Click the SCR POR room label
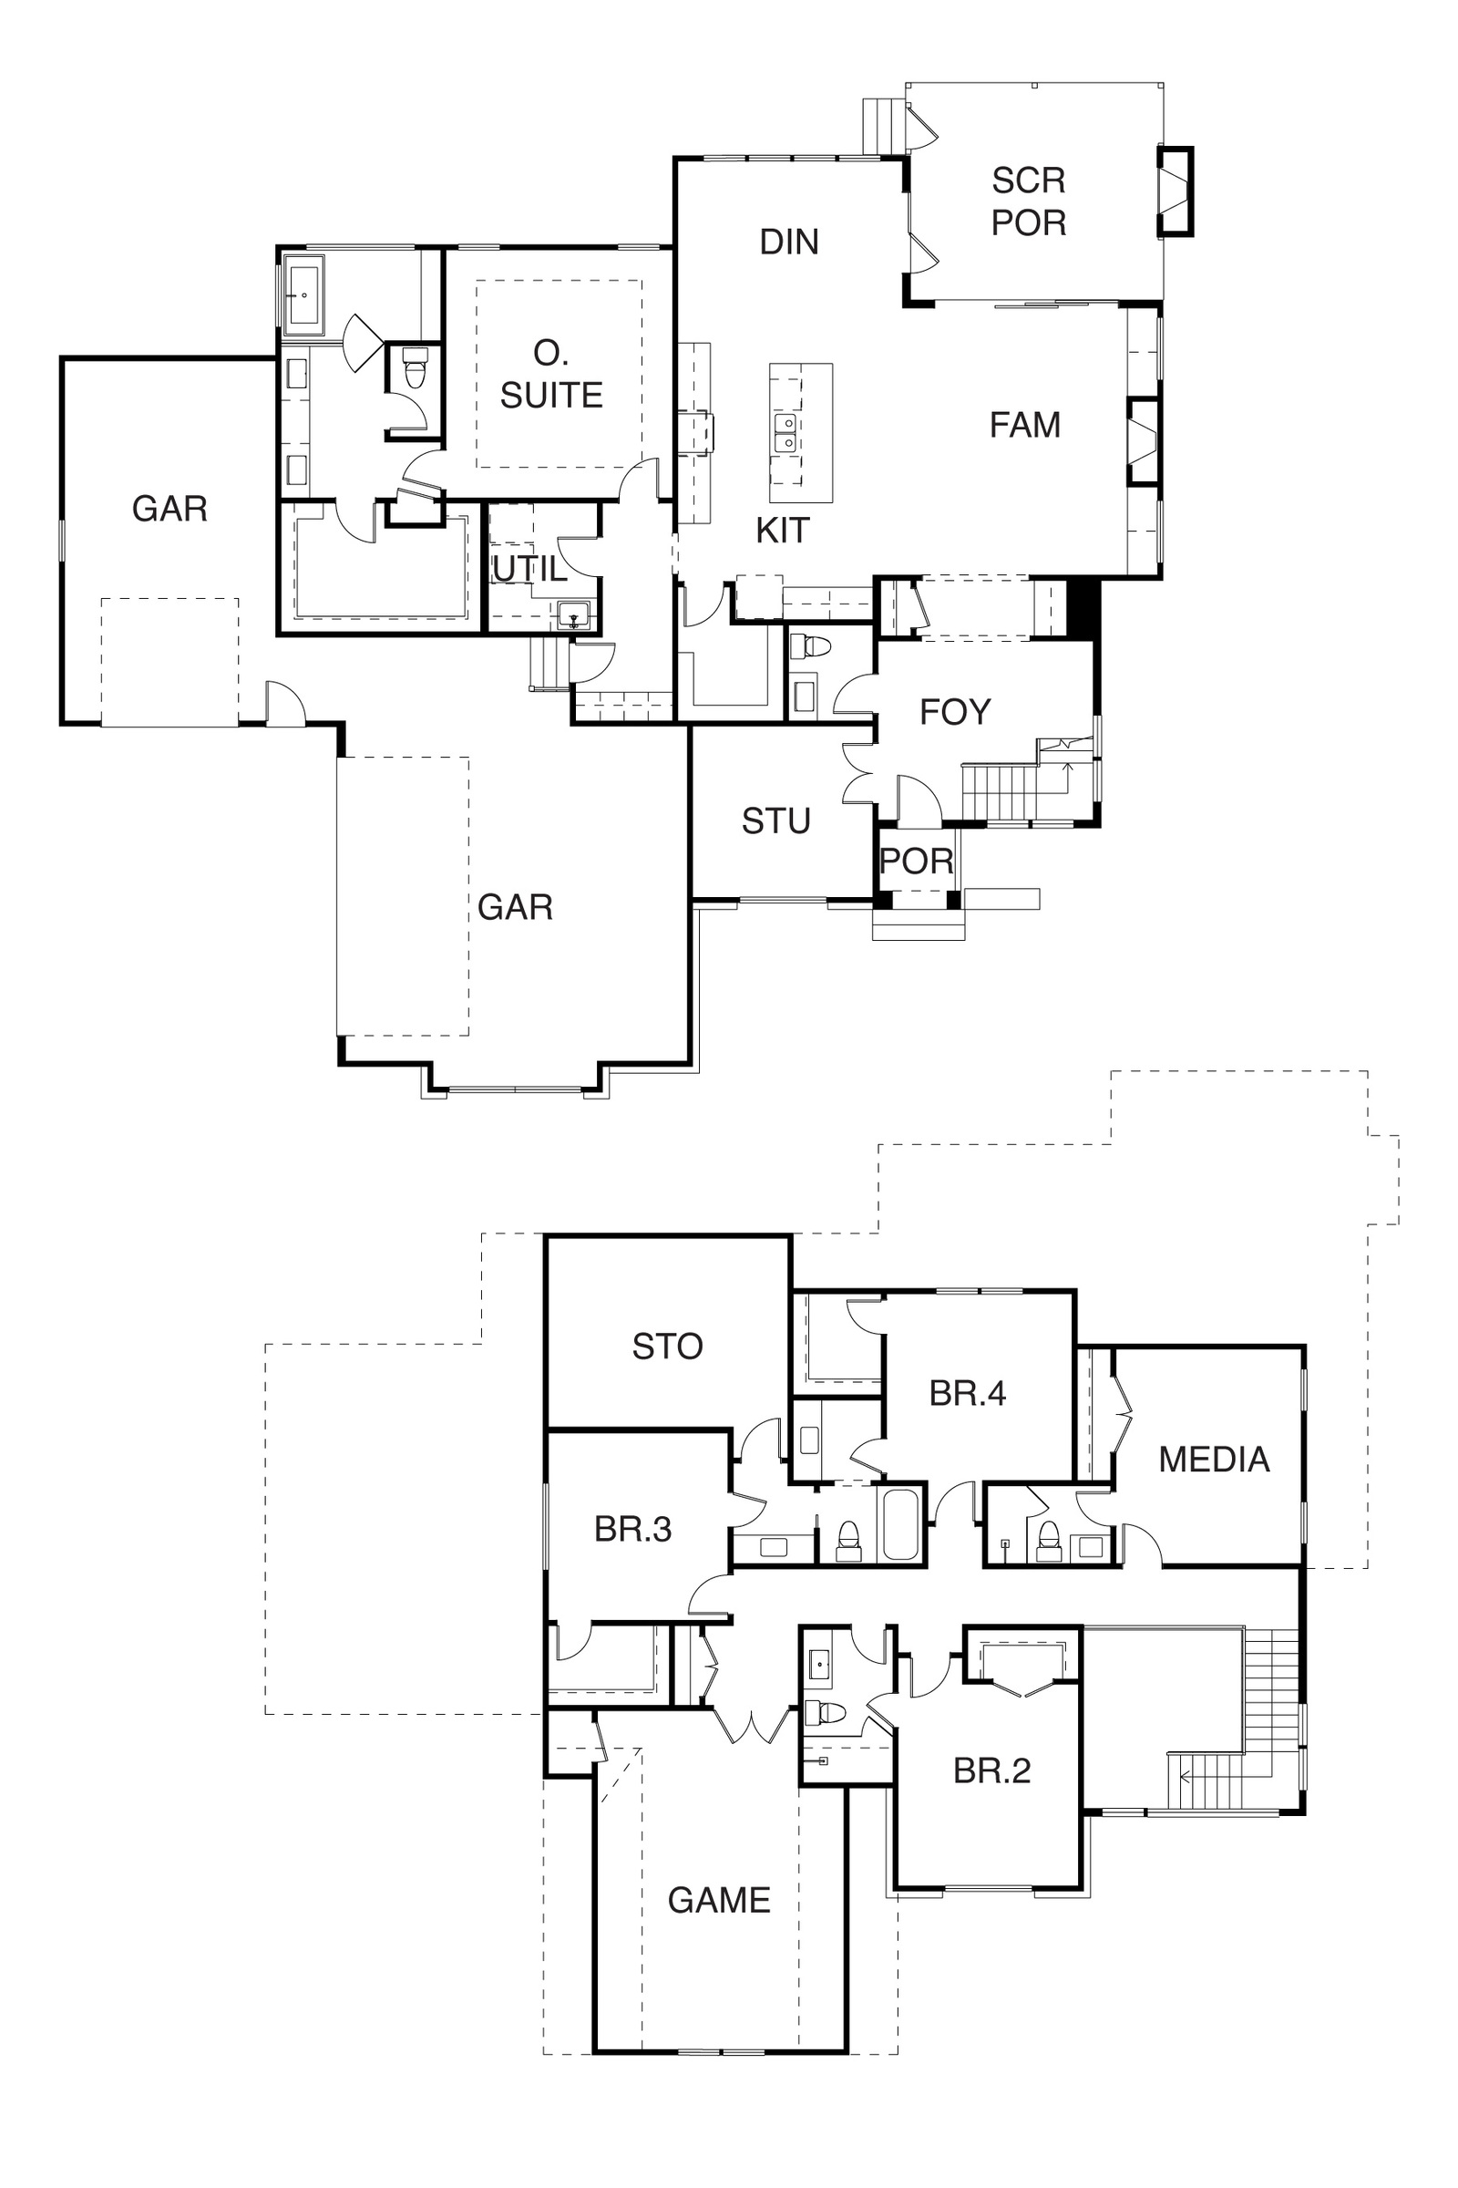[1029, 201]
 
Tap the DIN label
[788, 242]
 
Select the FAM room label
[1024, 425]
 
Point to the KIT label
[782, 531]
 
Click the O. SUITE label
[551, 374]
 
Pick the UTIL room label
[529, 568]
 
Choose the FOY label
[955, 712]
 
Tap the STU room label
[775, 821]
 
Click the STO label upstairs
[667, 1347]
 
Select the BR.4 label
[967, 1393]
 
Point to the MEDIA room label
[1214, 1460]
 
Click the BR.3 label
[632, 1530]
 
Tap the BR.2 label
[992, 1770]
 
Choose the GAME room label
[719, 1900]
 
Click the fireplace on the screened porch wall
[1175, 191]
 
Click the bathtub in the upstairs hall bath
[900, 1524]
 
